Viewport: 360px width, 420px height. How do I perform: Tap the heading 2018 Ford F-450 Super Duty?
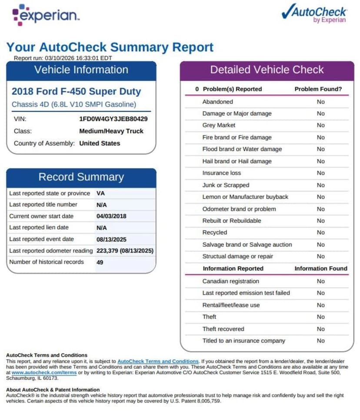click(76, 91)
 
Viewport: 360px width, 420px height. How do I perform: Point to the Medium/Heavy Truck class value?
click(111, 131)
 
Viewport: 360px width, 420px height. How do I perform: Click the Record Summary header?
click(81, 177)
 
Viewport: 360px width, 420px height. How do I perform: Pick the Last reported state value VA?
click(100, 193)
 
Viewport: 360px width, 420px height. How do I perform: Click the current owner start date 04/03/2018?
click(111, 216)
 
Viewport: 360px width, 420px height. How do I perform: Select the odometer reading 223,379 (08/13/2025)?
click(125, 250)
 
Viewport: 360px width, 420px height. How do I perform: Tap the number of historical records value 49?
click(100, 262)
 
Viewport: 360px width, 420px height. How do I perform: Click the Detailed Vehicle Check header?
click(267, 70)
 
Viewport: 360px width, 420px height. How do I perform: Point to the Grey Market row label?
click(219, 125)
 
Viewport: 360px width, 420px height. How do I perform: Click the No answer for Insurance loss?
click(320, 173)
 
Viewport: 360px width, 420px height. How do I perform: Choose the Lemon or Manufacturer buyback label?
click(245, 197)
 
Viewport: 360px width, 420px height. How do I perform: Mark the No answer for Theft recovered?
click(320, 329)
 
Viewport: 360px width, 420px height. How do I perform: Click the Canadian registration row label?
click(230, 281)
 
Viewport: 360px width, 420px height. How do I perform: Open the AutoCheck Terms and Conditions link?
click(158, 361)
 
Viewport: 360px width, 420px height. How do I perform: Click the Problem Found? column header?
click(318, 89)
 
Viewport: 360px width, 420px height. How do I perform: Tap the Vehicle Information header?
click(81, 70)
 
